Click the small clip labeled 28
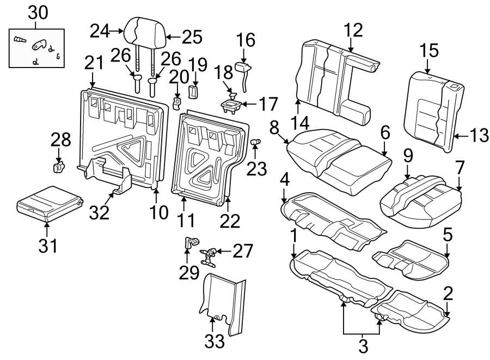[x=58, y=166]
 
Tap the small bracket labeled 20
[x=177, y=102]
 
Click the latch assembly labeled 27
[x=209, y=255]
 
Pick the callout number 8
[x=274, y=127]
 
